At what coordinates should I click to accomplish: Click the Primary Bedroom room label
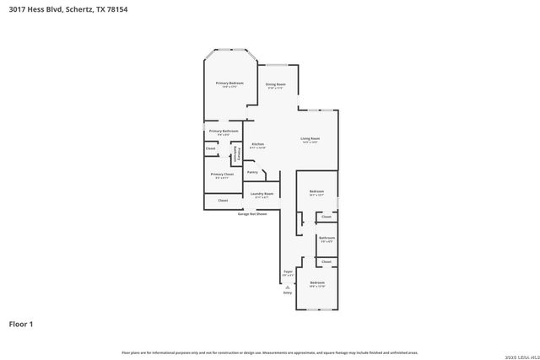[x=229, y=83]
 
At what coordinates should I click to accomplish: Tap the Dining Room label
[x=276, y=83]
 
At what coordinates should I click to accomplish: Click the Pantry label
[x=251, y=172]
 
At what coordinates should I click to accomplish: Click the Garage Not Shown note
[x=252, y=214]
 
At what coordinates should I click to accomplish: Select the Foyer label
[x=288, y=271]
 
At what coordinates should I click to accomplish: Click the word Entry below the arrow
[x=288, y=293]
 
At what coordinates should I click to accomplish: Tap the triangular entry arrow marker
[x=288, y=287]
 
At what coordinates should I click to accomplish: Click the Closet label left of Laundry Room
[x=223, y=201]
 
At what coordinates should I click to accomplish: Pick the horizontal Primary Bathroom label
[x=224, y=131]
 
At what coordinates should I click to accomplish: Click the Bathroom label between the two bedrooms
[x=327, y=238]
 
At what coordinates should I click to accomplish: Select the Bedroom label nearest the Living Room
[x=317, y=191]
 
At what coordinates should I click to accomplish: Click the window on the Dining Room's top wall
[x=278, y=65]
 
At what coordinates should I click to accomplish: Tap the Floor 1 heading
[x=22, y=323]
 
